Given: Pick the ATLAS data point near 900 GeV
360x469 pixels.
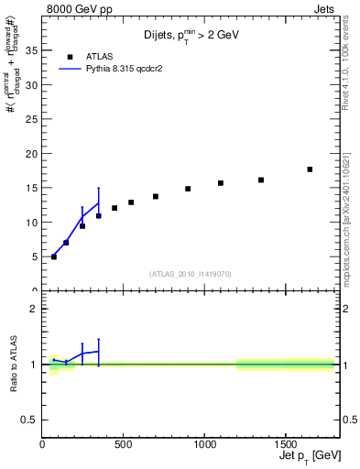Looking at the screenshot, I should [188, 189].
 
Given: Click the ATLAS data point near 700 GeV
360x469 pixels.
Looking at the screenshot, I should [156, 196].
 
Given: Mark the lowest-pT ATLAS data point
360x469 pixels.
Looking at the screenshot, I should [54, 256].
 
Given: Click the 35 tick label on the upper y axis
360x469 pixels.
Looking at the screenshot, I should [30, 51].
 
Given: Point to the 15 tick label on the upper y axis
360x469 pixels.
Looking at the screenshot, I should [30, 188].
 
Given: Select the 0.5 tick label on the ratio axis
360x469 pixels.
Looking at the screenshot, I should [27, 420].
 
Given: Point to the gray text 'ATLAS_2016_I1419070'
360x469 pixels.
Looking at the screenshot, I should [190, 273].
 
